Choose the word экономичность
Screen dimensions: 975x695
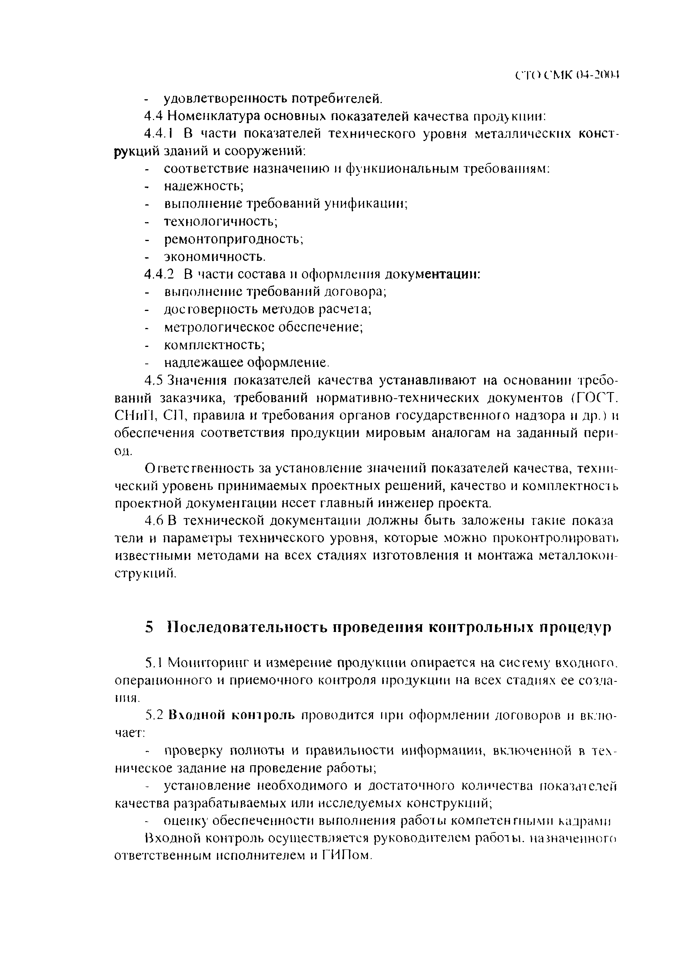point(215,257)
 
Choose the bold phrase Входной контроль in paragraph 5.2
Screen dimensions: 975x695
point(232,715)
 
